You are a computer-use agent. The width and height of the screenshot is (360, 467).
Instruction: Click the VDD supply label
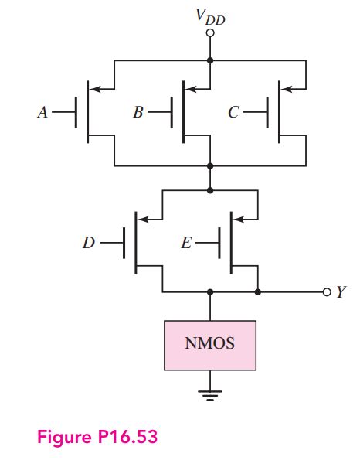click(210, 16)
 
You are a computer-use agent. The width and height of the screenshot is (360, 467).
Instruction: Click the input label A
click(42, 112)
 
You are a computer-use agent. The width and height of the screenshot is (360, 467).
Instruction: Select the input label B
click(138, 112)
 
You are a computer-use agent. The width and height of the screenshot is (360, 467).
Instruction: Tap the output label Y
click(341, 292)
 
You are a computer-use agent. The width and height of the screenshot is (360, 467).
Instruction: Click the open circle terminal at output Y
click(326, 292)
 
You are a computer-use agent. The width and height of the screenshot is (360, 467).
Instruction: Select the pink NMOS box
click(210, 343)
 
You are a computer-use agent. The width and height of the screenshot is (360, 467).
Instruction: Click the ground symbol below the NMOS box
click(210, 395)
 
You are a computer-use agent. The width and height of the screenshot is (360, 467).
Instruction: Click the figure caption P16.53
click(97, 437)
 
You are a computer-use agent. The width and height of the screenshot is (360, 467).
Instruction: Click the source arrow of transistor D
click(144, 220)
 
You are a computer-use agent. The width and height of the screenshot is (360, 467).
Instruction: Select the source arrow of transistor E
click(240, 220)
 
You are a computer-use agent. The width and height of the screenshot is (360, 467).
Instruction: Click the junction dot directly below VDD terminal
click(210, 60)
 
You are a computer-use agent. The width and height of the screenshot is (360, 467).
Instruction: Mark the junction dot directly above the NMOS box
click(210, 292)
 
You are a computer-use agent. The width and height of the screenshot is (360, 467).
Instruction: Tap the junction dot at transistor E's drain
click(257, 292)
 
